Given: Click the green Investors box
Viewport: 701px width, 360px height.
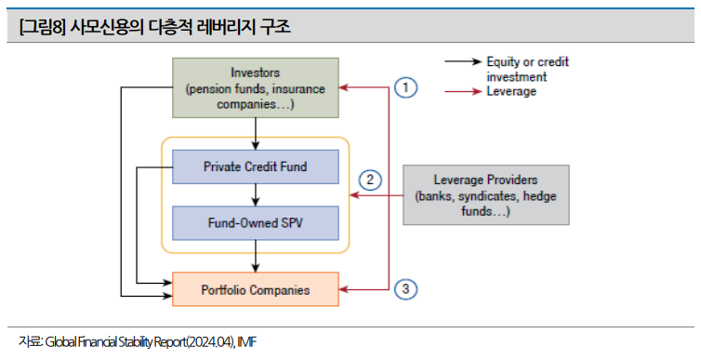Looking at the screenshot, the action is tap(256, 87).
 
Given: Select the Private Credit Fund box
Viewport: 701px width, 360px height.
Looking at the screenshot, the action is tap(256, 167).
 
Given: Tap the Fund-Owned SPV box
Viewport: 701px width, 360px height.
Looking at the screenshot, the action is tap(256, 223).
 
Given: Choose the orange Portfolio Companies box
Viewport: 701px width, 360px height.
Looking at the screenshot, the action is tap(256, 289).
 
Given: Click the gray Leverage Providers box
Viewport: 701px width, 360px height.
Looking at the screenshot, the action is tap(486, 195).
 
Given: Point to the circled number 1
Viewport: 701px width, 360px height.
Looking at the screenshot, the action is tap(405, 87).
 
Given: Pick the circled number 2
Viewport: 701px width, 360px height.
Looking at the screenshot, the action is tap(370, 180).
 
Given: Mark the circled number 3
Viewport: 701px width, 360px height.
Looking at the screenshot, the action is tap(405, 289).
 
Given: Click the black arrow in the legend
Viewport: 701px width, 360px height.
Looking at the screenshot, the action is tap(463, 61).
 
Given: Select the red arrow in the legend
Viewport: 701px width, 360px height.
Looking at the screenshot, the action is tap(463, 92).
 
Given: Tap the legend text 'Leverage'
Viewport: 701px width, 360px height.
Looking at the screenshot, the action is tap(511, 91).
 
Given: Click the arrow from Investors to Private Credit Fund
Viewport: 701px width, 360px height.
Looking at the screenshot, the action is tap(256, 134).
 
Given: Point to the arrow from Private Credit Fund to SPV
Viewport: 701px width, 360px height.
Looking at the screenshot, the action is tap(256, 195).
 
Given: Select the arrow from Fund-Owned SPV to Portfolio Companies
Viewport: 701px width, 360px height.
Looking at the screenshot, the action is tap(256, 256).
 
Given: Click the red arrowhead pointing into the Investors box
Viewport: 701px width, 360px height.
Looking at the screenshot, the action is tap(343, 87).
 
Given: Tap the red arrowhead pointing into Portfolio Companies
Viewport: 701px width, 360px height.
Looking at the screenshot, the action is tap(343, 290).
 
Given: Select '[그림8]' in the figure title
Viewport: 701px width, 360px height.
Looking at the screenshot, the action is tap(42, 27).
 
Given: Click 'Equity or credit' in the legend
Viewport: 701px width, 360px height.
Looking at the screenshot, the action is tap(527, 61).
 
